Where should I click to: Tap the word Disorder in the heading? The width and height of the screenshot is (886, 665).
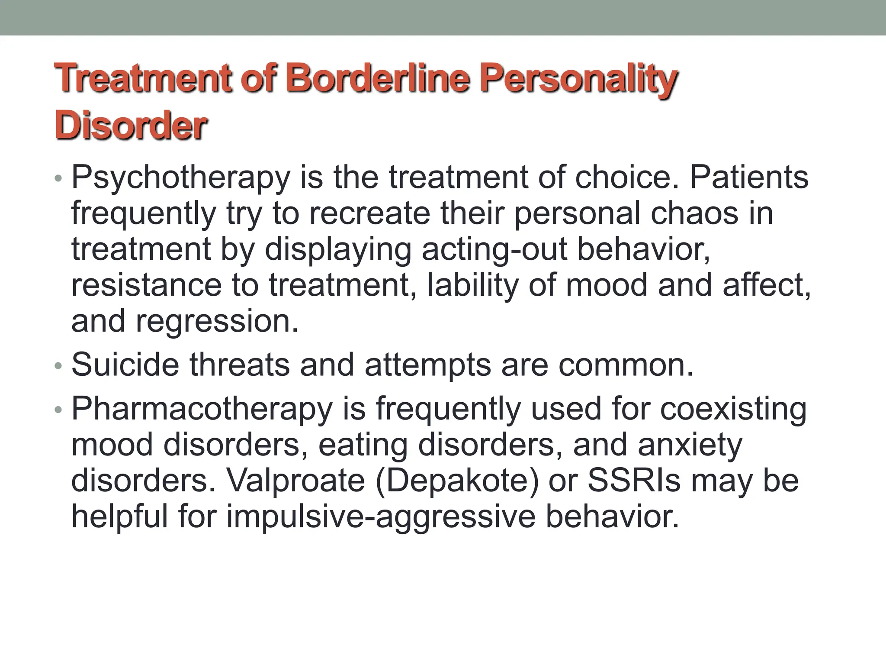[131, 126]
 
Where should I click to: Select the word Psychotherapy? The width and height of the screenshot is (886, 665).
[181, 178]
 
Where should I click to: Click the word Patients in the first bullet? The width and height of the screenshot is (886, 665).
[749, 178]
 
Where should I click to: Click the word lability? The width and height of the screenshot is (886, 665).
[473, 286]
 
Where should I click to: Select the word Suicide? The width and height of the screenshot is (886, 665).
[125, 365]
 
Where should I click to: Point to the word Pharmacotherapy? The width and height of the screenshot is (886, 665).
[202, 410]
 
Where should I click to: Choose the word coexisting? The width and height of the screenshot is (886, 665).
[733, 410]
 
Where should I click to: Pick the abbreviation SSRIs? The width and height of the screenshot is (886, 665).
[634, 481]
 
